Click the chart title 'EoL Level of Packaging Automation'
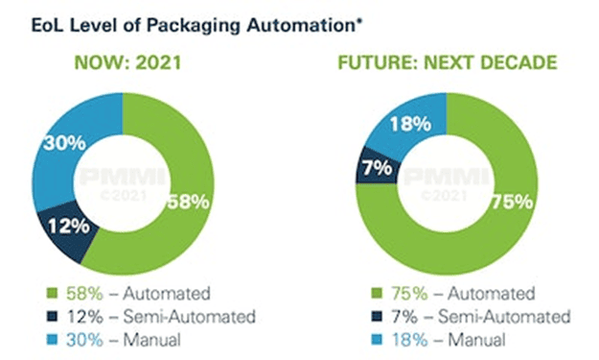tap(194, 26)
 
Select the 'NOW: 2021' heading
tap(127, 62)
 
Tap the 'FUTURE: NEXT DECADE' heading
tap(448, 62)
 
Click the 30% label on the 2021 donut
tap(64, 143)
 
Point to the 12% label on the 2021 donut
tap(69, 226)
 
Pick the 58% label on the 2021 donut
tap(189, 202)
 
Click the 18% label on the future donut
tap(410, 124)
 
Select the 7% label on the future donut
tap(378, 168)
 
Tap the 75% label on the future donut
tap(512, 202)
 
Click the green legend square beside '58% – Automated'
tap(52, 294)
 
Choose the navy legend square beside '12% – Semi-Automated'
tap(52, 317)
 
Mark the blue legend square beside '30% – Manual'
tap(52, 340)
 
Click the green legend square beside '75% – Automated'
tap(377, 294)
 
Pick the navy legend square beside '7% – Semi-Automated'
tap(377, 317)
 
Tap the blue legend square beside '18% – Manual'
tap(377, 340)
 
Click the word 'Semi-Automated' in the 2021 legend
tap(190, 317)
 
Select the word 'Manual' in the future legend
tap(476, 340)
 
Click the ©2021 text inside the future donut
tap(445, 196)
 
